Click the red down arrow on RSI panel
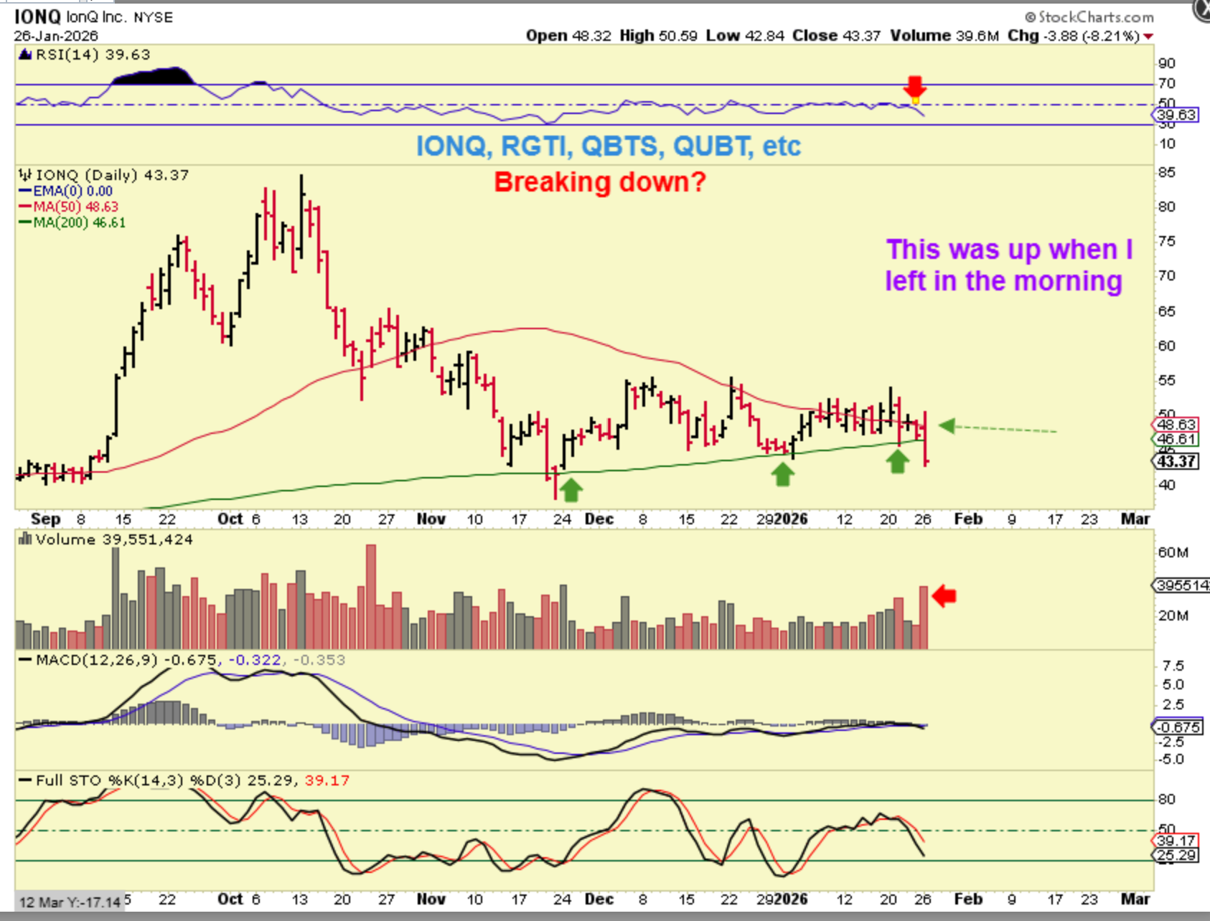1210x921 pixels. click(x=914, y=86)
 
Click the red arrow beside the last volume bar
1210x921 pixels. click(x=944, y=595)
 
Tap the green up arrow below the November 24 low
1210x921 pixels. click(x=571, y=490)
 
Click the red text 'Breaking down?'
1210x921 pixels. click(x=600, y=182)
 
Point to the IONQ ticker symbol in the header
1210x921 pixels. click(x=37, y=16)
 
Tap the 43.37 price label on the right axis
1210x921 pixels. click(x=1177, y=461)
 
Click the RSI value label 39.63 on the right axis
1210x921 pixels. click(x=1177, y=115)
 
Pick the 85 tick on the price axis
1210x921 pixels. click(x=1167, y=172)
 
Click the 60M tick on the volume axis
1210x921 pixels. click(x=1173, y=552)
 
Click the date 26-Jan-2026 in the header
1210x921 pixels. click(x=56, y=36)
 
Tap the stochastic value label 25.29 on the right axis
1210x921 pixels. click(x=1177, y=855)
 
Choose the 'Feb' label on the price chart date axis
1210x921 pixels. click(x=967, y=519)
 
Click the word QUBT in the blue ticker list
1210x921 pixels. click(x=713, y=146)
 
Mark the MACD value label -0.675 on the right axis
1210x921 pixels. click(x=1177, y=727)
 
